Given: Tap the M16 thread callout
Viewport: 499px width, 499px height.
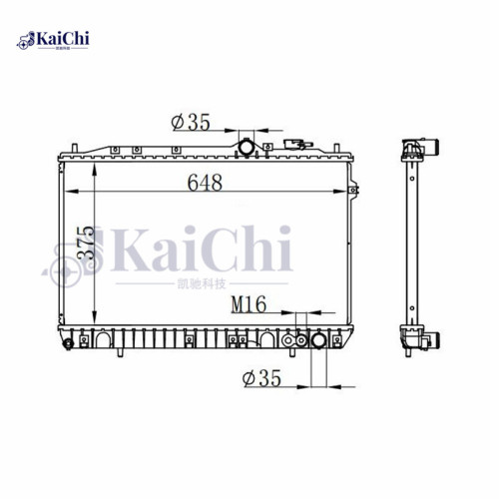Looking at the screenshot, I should pos(248,305).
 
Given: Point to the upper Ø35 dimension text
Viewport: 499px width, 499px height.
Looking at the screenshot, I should pos(191,123).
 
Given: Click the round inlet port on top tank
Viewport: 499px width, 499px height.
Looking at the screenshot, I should pos(246,148).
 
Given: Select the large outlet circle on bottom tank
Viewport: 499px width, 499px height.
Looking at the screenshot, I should pos(319,341).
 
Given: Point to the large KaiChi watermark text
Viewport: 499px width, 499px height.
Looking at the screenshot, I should pos(205,249).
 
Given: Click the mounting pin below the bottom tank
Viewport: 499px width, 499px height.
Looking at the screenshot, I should pos(119,353).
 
